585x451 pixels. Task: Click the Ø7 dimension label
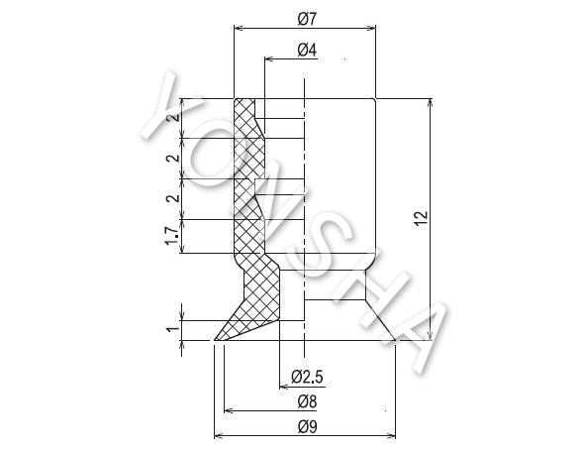[x=307, y=19]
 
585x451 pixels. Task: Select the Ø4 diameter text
[x=307, y=50]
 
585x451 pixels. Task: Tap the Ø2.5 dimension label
[x=307, y=377]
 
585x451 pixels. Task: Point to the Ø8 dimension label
[x=307, y=401]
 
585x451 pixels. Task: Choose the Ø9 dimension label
[x=307, y=426]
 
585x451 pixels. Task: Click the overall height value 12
[x=421, y=219]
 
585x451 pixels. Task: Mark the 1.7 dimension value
[x=171, y=236]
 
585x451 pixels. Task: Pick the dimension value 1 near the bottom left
[x=172, y=330]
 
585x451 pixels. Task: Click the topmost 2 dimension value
[x=172, y=117]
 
